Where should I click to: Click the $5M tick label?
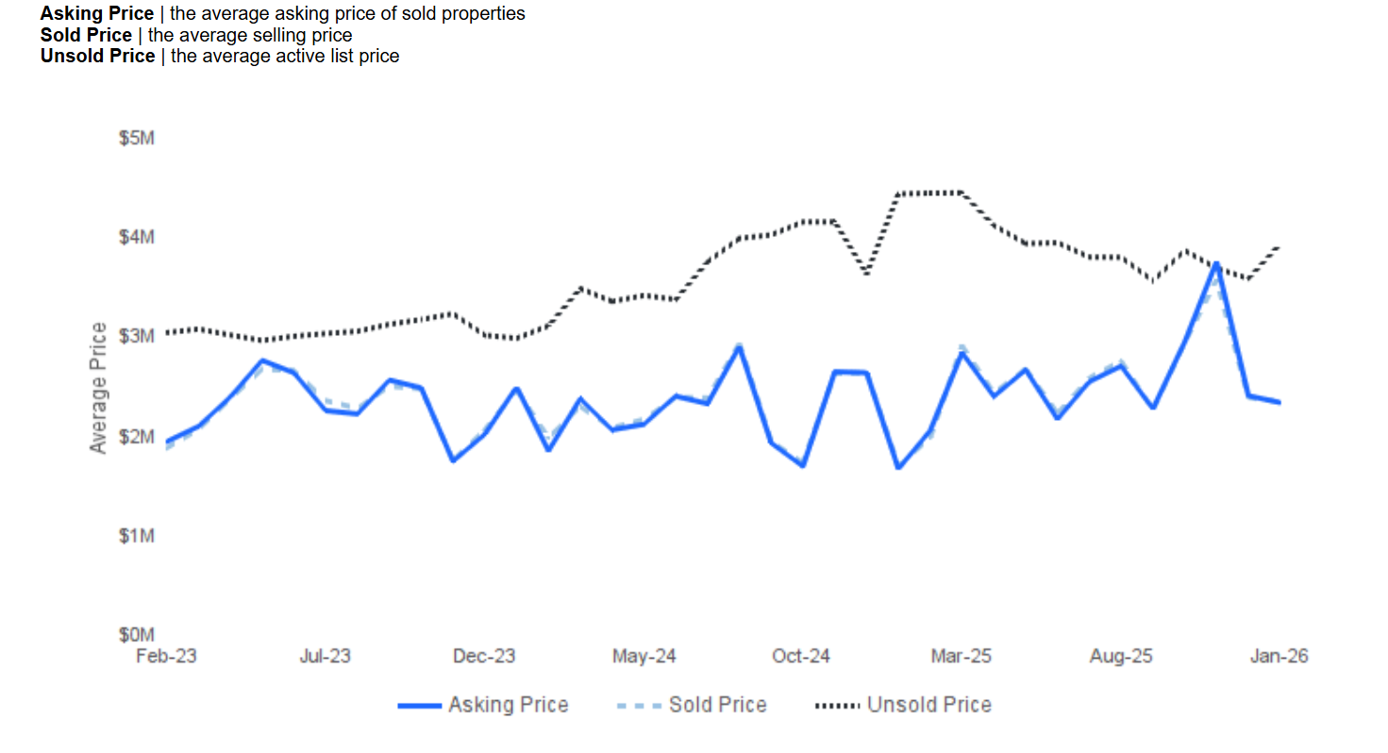coord(136,139)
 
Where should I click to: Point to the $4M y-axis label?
coord(136,237)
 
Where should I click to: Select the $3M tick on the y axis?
coord(136,337)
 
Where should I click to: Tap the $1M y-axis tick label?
coord(136,536)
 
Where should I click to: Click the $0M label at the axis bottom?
coord(136,634)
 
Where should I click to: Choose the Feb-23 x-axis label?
coord(166,656)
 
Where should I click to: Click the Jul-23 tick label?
coord(325,656)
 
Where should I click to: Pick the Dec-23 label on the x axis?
coord(484,656)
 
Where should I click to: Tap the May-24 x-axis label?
coord(644,656)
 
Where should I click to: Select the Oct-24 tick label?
coord(801,656)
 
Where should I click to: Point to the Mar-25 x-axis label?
coord(961,656)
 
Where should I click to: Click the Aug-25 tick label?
coord(1120,656)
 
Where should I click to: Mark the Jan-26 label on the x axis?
coord(1279,656)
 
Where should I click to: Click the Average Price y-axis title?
coord(99,387)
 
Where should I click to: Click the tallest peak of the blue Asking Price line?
coord(1216,264)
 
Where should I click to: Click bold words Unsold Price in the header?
coord(97,56)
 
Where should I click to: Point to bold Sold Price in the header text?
coord(86,35)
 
